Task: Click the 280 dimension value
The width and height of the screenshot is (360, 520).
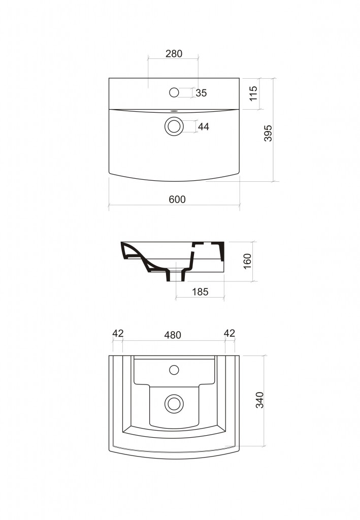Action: tap(174, 54)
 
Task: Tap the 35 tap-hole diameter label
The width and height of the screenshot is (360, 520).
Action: tap(201, 93)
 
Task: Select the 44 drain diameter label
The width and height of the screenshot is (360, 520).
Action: tap(204, 126)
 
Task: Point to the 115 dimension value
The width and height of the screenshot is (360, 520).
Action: tap(253, 93)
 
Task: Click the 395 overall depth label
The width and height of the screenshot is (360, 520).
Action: tap(268, 134)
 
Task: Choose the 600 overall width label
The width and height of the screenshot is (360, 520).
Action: tap(177, 199)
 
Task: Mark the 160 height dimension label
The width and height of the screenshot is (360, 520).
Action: tap(248, 262)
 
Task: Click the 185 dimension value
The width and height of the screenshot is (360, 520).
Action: tap(200, 292)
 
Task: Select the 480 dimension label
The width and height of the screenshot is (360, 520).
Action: tap(173, 335)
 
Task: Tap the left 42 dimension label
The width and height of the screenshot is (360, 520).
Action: tap(118, 333)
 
